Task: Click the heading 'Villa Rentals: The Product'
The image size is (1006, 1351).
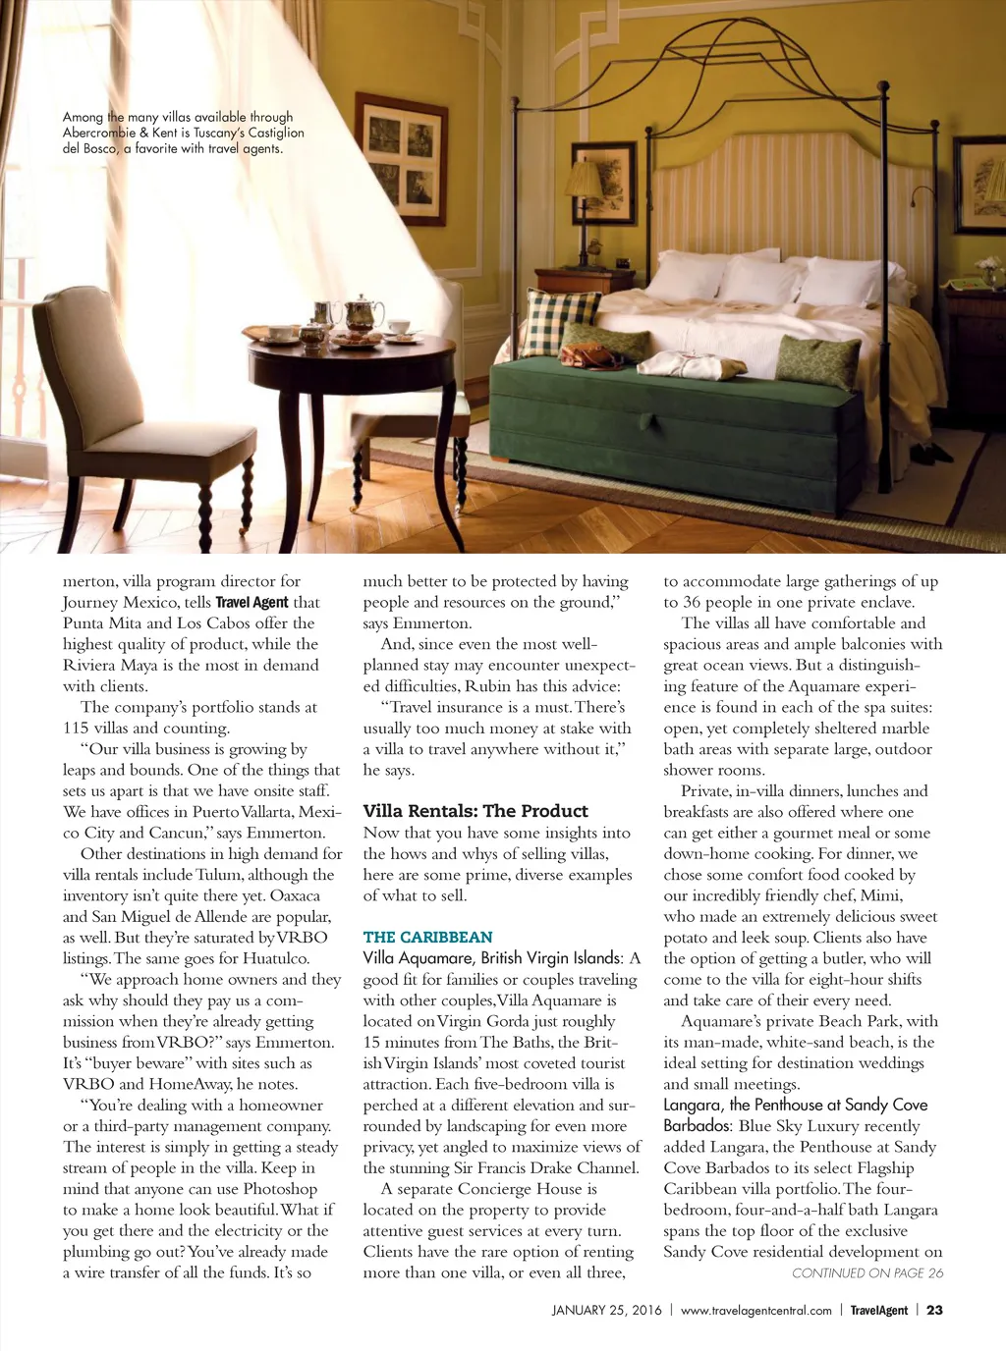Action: [x=475, y=811]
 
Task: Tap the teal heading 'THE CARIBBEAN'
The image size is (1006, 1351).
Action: [x=427, y=937]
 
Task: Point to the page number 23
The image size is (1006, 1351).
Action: [x=934, y=1310]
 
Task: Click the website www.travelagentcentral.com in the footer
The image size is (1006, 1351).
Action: [x=755, y=1310]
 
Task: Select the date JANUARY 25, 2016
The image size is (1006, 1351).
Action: [x=606, y=1310]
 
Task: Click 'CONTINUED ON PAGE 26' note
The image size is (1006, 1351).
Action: [x=867, y=1273]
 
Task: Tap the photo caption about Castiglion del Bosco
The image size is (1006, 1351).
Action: [x=183, y=133]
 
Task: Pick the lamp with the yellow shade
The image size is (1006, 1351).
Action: [x=584, y=182]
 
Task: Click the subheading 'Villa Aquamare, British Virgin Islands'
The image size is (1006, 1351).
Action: [x=492, y=957]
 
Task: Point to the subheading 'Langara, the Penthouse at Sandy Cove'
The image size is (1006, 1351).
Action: [x=795, y=1105]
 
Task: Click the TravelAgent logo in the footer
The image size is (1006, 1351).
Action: [x=878, y=1310]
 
